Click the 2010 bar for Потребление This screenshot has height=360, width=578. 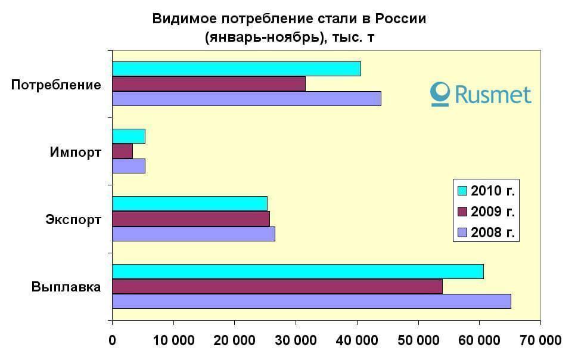[236, 69]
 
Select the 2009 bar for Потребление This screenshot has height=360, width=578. [209, 84]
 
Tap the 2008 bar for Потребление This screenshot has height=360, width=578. [246, 98]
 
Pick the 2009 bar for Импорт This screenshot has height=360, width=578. [122, 152]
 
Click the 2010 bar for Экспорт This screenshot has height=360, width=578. [189, 204]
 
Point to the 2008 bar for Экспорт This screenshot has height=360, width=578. [193, 234]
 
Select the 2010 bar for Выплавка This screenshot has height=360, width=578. [297, 272]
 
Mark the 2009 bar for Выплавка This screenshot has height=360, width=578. [277, 287]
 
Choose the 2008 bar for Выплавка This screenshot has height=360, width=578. [311, 301]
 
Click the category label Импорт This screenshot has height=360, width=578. [75, 153]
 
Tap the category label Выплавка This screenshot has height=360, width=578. [66, 287]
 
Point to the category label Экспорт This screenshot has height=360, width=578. [73, 220]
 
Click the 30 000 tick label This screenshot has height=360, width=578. [296, 341]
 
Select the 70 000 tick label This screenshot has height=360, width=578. [540, 341]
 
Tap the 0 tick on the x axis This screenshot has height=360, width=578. [112, 341]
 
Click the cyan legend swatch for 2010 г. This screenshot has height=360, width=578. [462, 191]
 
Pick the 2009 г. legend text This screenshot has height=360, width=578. [492, 212]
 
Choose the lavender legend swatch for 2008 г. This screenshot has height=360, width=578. [462, 232]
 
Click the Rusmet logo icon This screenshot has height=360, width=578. [440, 94]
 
